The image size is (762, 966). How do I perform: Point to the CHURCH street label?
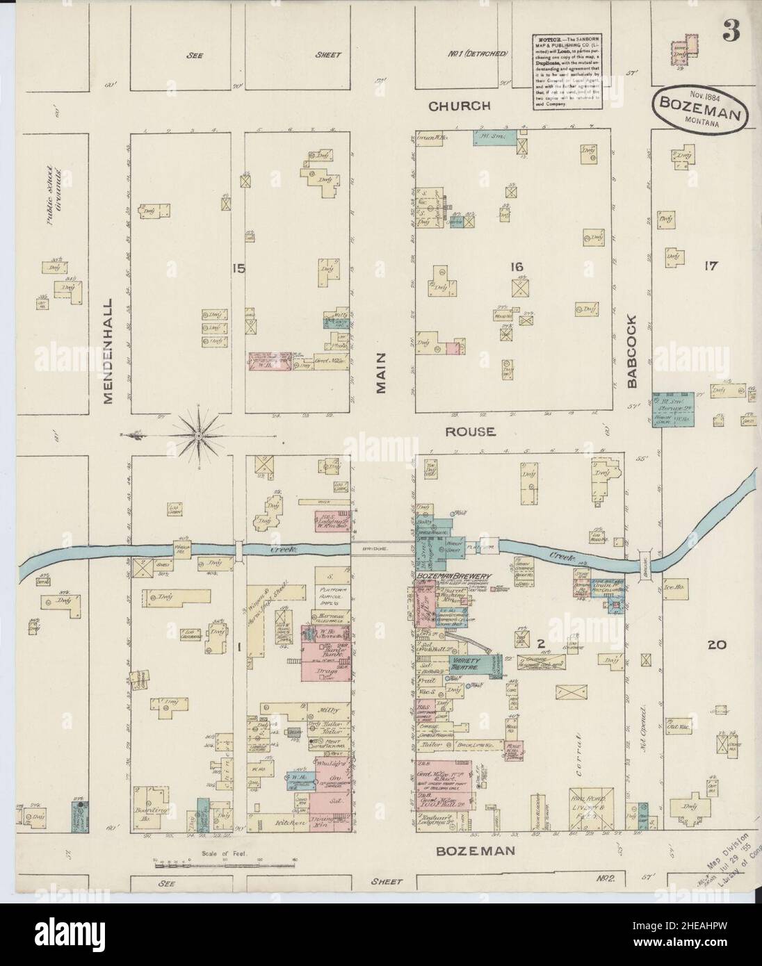pyautogui.click(x=460, y=106)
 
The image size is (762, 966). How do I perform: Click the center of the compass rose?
pyautogui.click(x=199, y=436)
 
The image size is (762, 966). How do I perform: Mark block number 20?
pyautogui.click(x=717, y=645)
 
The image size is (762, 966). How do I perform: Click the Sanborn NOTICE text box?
pyautogui.click(x=559, y=70)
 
